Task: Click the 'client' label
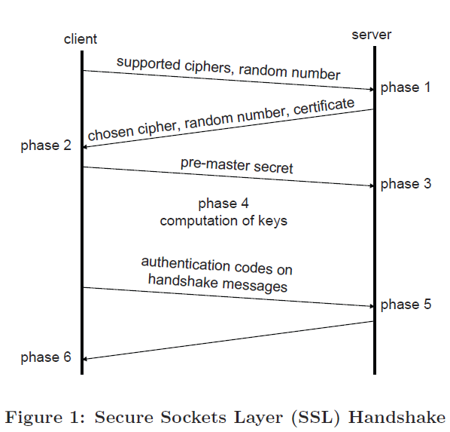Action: pyautogui.click(x=81, y=39)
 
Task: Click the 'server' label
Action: pyautogui.click(x=372, y=35)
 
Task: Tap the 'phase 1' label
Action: pyautogui.click(x=406, y=87)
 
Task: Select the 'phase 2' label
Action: pyautogui.click(x=46, y=146)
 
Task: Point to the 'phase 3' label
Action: pyautogui.click(x=406, y=184)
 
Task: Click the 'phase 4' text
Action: pyautogui.click(x=223, y=204)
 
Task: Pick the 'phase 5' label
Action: pyautogui.click(x=406, y=305)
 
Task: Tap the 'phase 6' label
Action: pyautogui.click(x=46, y=357)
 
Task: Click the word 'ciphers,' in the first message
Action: pyautogui.click(x=208, y=67)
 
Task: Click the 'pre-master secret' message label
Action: pyautogui.click(x=237, y=166)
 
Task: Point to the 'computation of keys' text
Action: pyautogui.click(x=223, y=221)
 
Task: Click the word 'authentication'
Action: pyautogui.click(x=186, y=264)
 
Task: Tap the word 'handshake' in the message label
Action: pyautogui.click(x=183, y=280)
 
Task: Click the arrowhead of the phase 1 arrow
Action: pyautogui.click(x=372, y=90)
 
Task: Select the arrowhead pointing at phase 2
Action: pyautogui.click(x=85, y=147)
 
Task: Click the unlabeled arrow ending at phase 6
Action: pyautogui.click(x=227, y=340)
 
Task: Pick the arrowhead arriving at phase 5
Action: pyautogui.click(x=372, y=306)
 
